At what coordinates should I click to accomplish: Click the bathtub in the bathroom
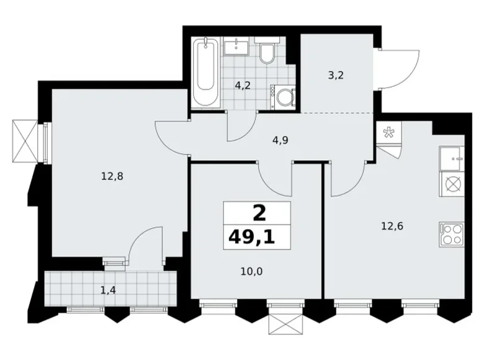(x=206, y=73)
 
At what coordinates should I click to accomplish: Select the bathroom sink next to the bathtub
(x=236, y=47)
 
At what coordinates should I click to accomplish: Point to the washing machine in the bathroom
(x=283, y=97)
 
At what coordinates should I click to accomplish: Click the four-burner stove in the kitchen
(x=452, y=234)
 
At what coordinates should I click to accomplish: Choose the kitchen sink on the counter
(x=452, y=159)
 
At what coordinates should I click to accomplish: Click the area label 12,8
(x=112, y=176)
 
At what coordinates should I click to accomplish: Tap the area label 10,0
(x=251, y=272)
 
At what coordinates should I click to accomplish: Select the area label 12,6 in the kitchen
(x=392, y=227)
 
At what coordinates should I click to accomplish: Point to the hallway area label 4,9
(x=280, y=140)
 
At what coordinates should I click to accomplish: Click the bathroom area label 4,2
(x=242, y=86)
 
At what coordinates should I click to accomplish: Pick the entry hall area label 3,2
(x=336, y=75)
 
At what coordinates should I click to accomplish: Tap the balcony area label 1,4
(x=108, y=290)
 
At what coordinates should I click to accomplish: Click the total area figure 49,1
(x=251, y=238)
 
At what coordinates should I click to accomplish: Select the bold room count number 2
(x=259, y=214)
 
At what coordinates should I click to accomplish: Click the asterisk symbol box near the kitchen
(x=388, y=133)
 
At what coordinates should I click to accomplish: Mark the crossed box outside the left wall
(x=25, y=141)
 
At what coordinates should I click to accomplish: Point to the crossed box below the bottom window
(x=284, y=323)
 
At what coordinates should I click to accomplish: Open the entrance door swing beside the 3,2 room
(x=398, y=68)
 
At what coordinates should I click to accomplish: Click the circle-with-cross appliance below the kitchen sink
(x=452, y=184)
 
